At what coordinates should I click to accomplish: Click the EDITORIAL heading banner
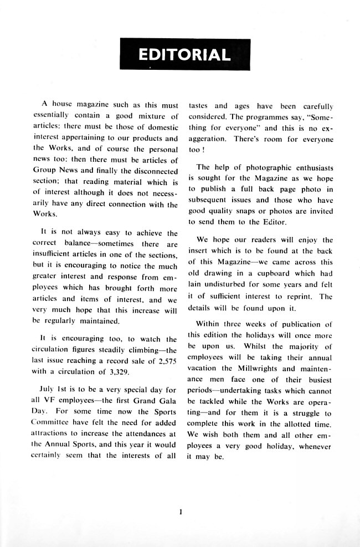[184, 54]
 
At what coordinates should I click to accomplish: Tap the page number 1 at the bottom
[181, 512]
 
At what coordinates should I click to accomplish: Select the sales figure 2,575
[164, 360]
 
